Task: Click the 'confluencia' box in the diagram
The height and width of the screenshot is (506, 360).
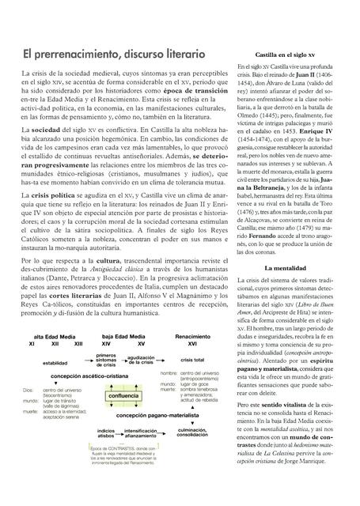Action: (121, 395)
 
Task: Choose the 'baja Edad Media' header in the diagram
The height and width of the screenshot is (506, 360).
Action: (123, 336)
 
